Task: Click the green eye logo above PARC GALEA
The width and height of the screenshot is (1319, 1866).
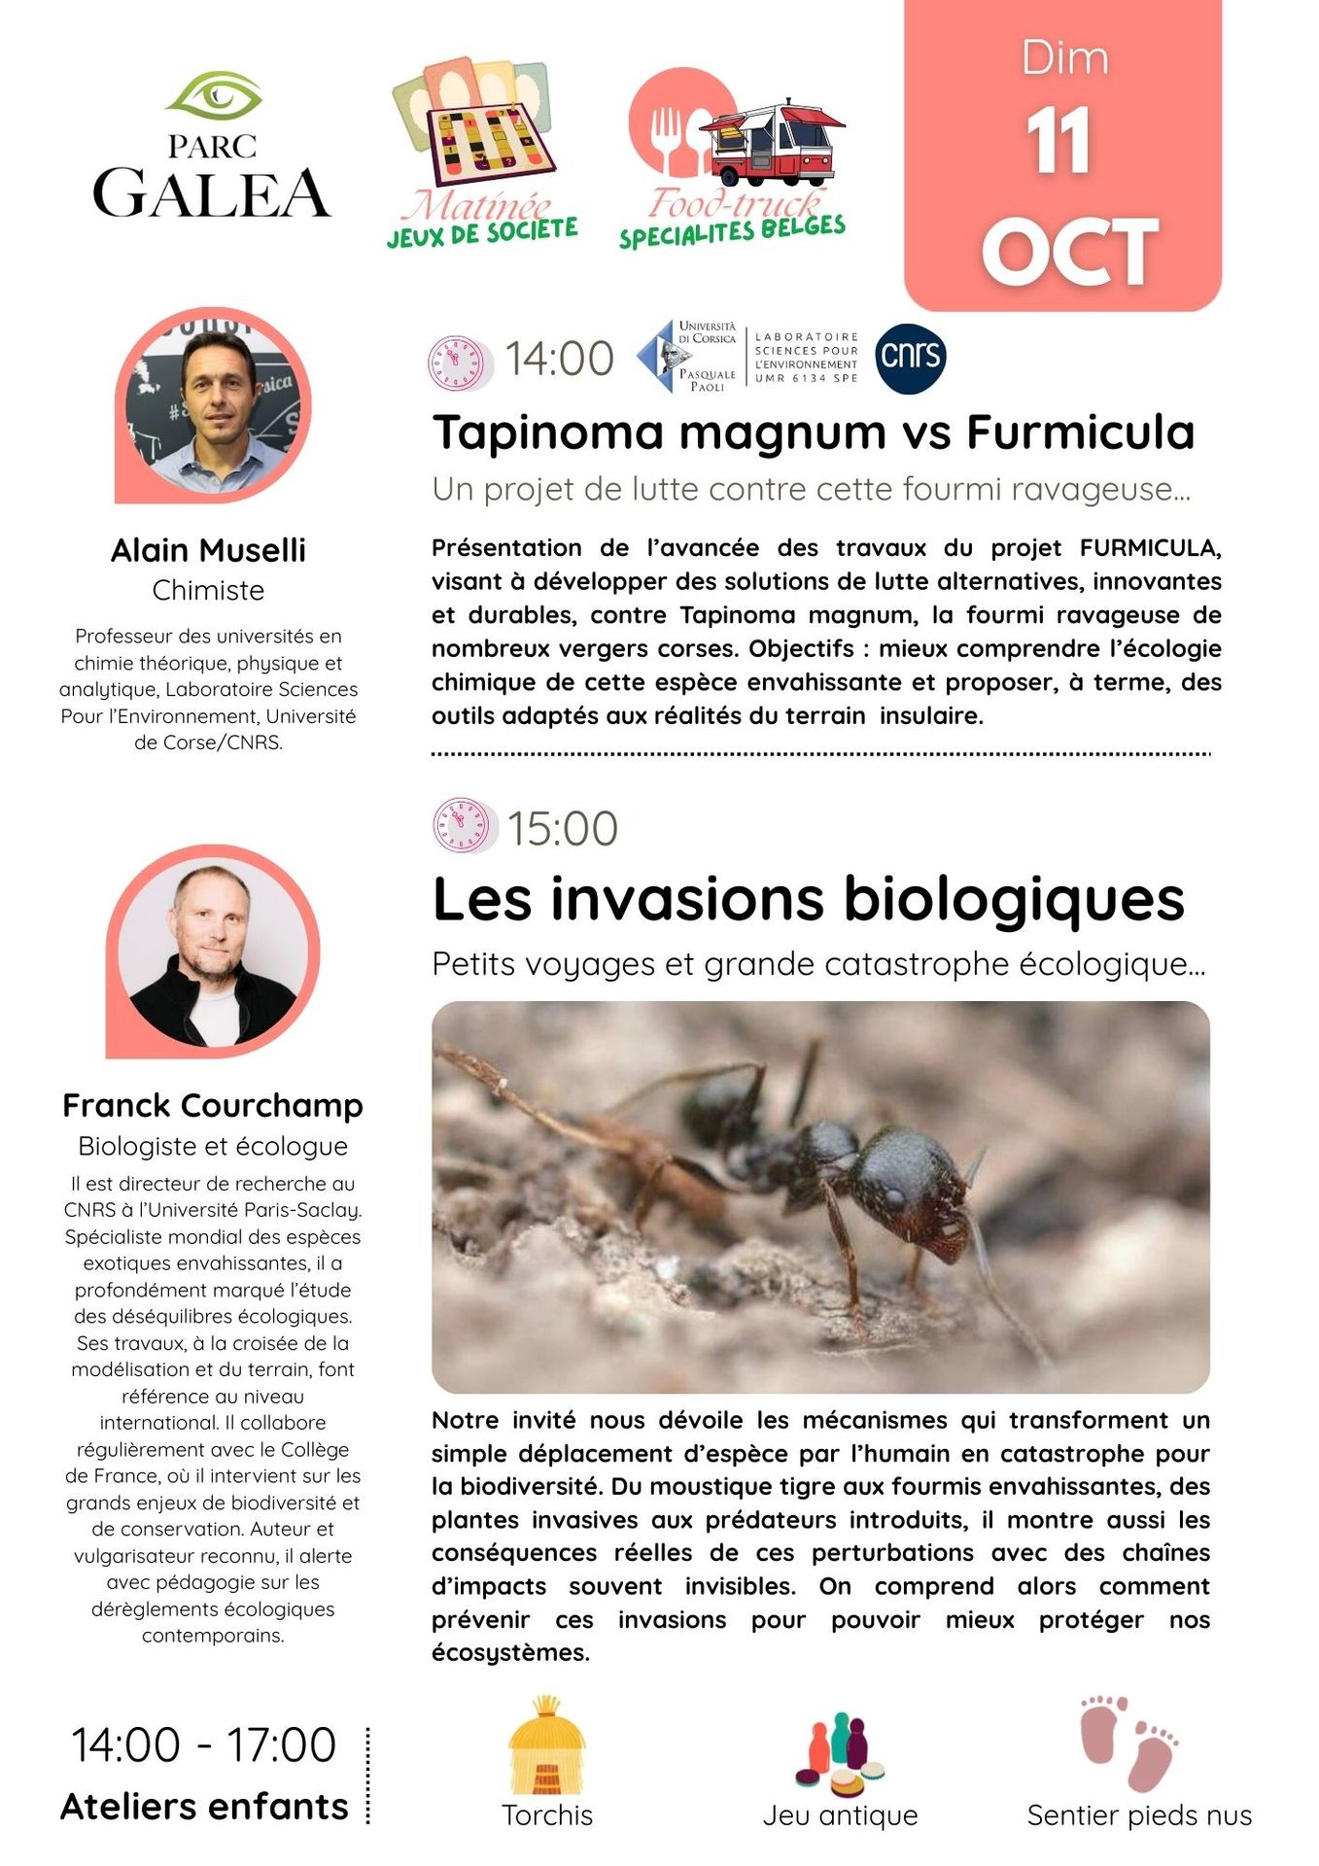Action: point(214,96)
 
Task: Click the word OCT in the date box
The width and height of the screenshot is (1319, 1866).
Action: point(1069,252)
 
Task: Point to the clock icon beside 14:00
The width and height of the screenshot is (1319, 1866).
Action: point(456,363)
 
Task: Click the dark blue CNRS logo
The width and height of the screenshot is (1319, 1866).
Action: point(910,358)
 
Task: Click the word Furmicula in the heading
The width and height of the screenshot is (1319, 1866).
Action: point(1080,432)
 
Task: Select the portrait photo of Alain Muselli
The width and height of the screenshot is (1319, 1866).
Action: point(214,407)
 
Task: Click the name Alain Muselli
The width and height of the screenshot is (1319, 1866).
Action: point(208,550)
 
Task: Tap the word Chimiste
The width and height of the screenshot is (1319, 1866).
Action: point(208,590)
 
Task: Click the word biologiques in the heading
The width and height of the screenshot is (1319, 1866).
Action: point(1014,899)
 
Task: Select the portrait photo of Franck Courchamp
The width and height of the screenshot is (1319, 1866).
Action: point(212,952)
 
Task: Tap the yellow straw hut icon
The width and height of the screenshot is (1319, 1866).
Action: point(546,1746)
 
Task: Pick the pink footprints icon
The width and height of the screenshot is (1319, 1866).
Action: point(1128,1744)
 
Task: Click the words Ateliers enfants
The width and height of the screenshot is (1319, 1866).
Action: point(204,1807)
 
